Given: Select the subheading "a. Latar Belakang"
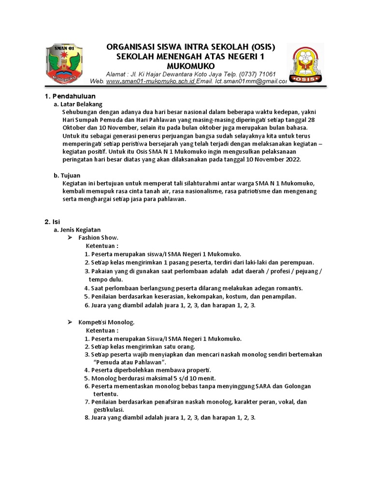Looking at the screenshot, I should (78, 104).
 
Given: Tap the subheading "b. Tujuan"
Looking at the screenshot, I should (67, 175).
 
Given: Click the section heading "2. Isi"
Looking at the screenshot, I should (52, 221).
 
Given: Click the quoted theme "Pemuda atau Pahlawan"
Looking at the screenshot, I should (129, 362).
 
